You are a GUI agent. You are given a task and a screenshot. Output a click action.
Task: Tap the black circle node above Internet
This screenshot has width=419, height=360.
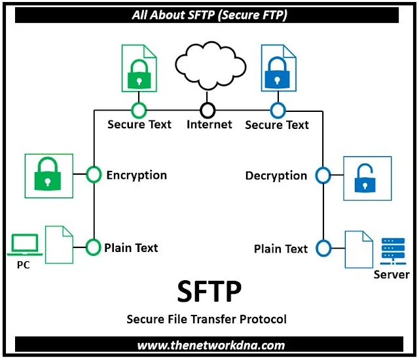pyautogui.click(x=208, y=109)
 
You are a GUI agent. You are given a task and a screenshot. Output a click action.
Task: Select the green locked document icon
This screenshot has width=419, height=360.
pyautogui.click(x=139, y=69)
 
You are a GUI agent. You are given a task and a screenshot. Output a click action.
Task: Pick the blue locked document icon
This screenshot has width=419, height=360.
pyautogui.click(x=278, y=68)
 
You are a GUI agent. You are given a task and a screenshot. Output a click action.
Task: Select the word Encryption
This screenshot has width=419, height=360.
pyautogui.click(x=136, y=175)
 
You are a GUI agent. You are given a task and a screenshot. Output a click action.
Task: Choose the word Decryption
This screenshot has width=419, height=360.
pyautogui.click(x=276, y=175)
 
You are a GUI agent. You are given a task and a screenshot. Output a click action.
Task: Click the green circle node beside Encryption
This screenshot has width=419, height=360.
pyautogui.click(x=94, y=175)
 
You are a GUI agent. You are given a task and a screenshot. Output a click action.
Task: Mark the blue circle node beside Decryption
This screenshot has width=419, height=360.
pyautogui.click(x=323, y=175)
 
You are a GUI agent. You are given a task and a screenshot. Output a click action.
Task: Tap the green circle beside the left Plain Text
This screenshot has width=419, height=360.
pyautogui.click(x=94, y=247)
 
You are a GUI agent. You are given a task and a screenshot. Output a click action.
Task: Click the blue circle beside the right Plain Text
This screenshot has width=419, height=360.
pyautogui.click(x=323, y=248)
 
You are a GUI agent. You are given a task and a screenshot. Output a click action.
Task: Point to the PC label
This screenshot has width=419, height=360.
pyautogui.click(x=24, y=265)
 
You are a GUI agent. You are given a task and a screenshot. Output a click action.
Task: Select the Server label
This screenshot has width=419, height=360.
pyautogui.click(x=392, y=274)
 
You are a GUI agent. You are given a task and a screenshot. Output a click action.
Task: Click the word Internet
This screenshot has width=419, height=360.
pyautogui.click(x=209, y=124)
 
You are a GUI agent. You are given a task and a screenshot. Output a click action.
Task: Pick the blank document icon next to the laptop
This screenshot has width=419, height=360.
pyautogui.click(x=59, y=244)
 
